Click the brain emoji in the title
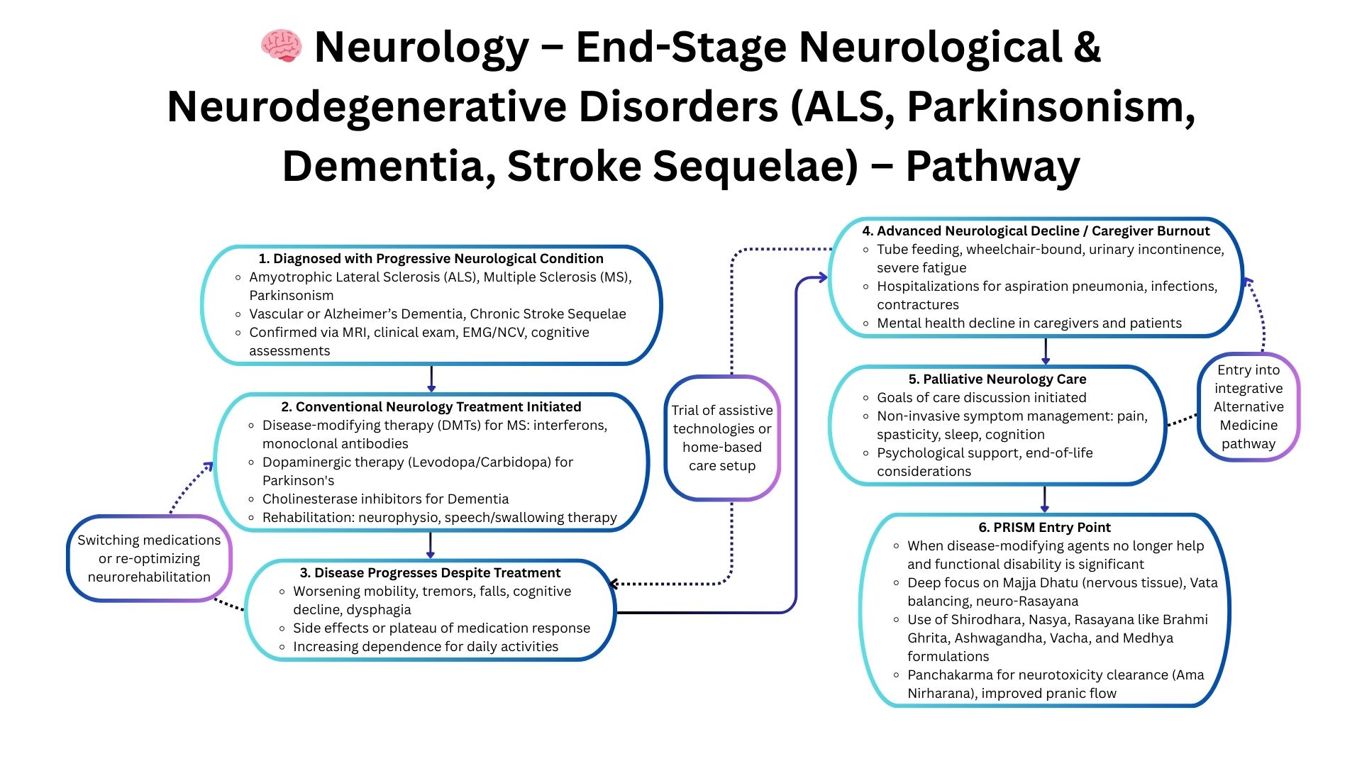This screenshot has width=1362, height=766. (x=282, y=46)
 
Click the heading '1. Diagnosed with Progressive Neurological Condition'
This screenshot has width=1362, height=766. (x=431, y=259)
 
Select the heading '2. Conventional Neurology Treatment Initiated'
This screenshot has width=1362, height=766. (x=431, y=407)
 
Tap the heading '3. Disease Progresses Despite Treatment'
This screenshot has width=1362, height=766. (x=430, y=573)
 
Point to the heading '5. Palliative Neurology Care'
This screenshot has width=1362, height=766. (x=997, y=379)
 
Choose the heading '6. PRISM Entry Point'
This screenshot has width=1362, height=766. (x=1044, y=528)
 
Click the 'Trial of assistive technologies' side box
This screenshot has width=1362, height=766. (x=722, y=438)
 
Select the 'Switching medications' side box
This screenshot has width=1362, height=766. (x=149, y=559)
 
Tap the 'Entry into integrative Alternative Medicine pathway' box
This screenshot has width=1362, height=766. (x=1248, y=407)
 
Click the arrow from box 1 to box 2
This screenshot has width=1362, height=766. (x=431, y=379)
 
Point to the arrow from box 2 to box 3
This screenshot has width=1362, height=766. (x=430, y=545)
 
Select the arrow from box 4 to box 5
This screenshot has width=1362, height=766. (x=1046, y=351)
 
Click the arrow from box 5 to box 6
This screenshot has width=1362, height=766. (x=1044, y=499)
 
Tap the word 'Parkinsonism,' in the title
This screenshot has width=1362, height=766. (x=1051, y=108)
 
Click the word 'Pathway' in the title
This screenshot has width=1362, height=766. (x=992, y=167)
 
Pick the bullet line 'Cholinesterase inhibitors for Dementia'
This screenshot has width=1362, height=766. (x=385, y=499)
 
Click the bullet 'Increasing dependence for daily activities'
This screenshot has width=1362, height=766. (x=426, y=647)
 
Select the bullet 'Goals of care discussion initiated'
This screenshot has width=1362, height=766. (x=981, y=398)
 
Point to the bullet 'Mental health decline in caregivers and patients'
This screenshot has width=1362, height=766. (x=1029, y=323)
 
